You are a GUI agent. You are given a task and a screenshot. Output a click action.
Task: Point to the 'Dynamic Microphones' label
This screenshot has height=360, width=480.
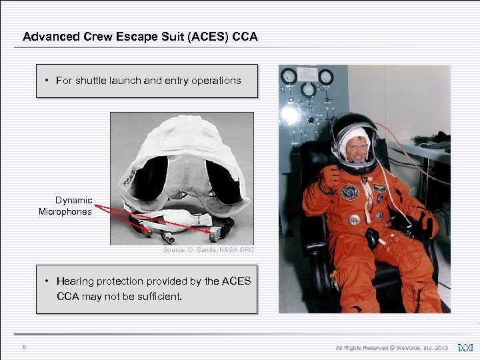65,206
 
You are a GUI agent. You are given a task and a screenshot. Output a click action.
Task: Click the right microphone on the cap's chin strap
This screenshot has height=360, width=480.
215,234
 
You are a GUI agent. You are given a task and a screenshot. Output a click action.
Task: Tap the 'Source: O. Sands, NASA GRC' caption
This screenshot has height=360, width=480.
208,250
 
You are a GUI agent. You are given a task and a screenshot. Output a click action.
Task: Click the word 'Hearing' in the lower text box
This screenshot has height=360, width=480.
81,281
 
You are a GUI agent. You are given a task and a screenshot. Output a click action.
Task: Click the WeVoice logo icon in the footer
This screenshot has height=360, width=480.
464,347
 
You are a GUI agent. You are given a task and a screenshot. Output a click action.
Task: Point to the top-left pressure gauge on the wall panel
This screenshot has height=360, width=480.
289,77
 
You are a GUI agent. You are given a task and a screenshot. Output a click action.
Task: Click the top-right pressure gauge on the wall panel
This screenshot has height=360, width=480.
326,77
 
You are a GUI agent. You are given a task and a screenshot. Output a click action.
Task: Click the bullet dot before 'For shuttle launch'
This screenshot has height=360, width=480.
47,81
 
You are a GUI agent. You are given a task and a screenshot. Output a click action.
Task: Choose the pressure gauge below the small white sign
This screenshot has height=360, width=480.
308,89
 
